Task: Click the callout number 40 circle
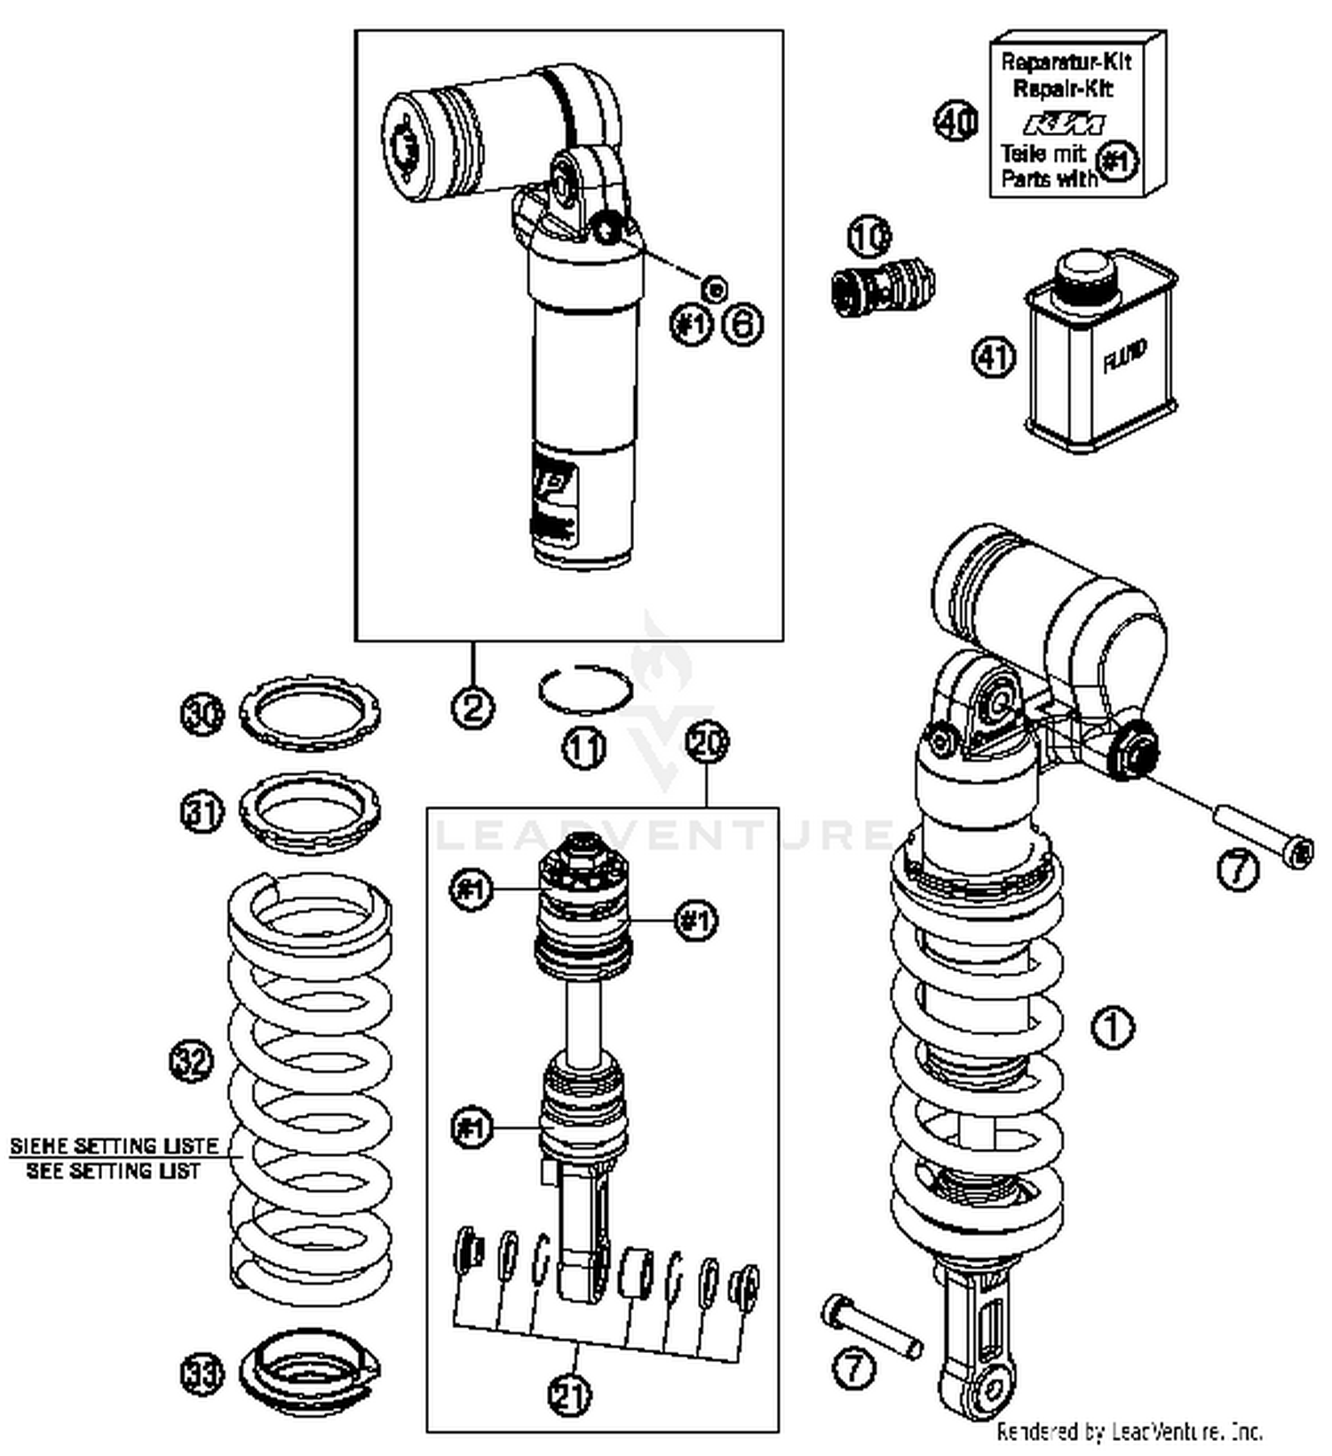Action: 956,121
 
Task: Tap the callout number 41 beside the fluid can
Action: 993,357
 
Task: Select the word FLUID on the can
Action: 1124,356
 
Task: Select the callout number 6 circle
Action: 743,325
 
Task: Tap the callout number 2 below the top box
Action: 472,708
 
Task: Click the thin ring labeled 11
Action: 585,689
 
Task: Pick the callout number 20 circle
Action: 707,742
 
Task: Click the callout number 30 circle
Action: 203,713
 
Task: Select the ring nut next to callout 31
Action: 310,811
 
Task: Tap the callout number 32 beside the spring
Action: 192,1061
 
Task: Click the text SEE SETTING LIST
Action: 113,1171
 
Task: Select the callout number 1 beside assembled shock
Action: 1112,1027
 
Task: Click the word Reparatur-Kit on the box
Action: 1066,62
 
